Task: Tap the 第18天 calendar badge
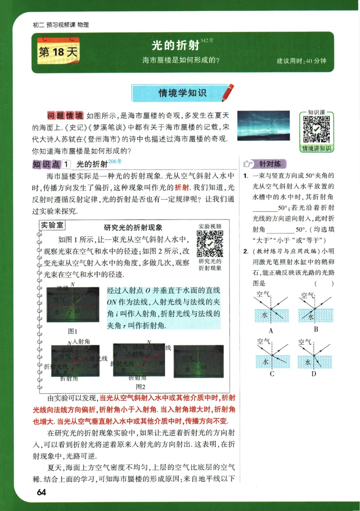point(58,52)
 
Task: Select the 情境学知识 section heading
point(182,93)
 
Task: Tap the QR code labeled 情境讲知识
point(316,129)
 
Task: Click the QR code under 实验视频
point(210,243)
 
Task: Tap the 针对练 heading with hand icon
point(264,164)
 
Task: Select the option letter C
point(272,373)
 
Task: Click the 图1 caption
point(72,331)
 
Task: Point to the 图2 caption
point(141,386)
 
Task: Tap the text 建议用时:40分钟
point(301,61)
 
